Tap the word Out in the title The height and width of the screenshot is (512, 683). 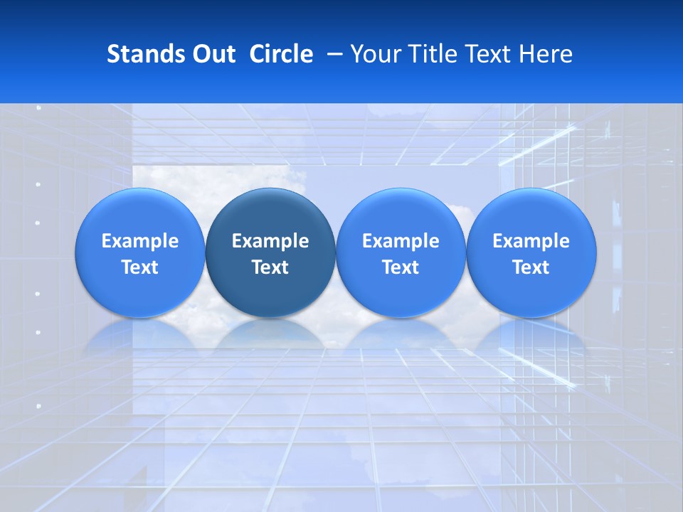[x=213, y=54]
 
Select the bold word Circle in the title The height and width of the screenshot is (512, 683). [x=281, y=54]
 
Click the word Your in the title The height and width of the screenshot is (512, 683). [x=374, y=54]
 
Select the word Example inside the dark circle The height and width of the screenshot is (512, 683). [x=270, y=241]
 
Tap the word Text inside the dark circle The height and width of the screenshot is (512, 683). [x=270, y=267]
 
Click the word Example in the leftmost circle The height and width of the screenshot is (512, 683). [x=139, y=241]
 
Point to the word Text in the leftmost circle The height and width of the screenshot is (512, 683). [x=139, y=267]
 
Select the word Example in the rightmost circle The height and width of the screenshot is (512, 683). [x=531, y=241]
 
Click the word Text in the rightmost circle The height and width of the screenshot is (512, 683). [x=531, y=267]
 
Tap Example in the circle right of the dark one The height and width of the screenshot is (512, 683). [x=401, y=241]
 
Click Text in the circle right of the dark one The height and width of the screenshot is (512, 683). [x=401, y=267]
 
